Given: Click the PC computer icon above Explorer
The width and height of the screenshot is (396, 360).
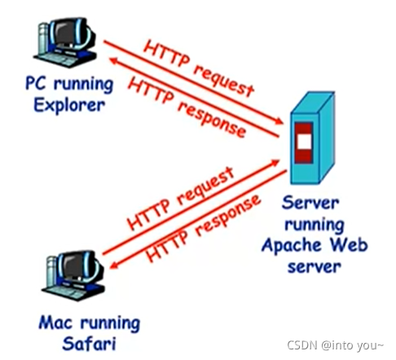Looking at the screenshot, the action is pos(65,42).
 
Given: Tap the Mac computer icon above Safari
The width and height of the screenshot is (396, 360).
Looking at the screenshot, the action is pos(73,275).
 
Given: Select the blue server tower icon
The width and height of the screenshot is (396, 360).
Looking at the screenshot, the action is pos(312,138).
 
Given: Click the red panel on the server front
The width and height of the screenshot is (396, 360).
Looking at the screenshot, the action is pos(304,143).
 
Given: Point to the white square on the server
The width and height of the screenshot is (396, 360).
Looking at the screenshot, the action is pos(304,142).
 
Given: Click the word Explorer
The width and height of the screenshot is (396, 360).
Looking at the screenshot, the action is pos(69,106).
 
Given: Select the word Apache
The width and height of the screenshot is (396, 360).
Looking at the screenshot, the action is pos(292,246).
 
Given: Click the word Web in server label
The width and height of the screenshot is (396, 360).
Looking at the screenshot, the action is pos(349,244).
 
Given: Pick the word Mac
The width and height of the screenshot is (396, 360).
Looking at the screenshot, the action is pos(55,323).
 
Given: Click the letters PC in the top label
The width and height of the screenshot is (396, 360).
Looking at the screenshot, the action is pos(35,83).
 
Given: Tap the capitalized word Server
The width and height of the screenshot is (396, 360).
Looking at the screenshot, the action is pos(310,203).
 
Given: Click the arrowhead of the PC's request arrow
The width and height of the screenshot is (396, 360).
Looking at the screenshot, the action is pos(279,121).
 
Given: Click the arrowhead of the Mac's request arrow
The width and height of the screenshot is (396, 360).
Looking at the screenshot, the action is pos(275,163).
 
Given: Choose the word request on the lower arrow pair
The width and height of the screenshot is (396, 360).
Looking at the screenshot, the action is pos(205,187).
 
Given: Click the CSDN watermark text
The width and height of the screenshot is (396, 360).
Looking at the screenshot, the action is pos(336,345).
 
